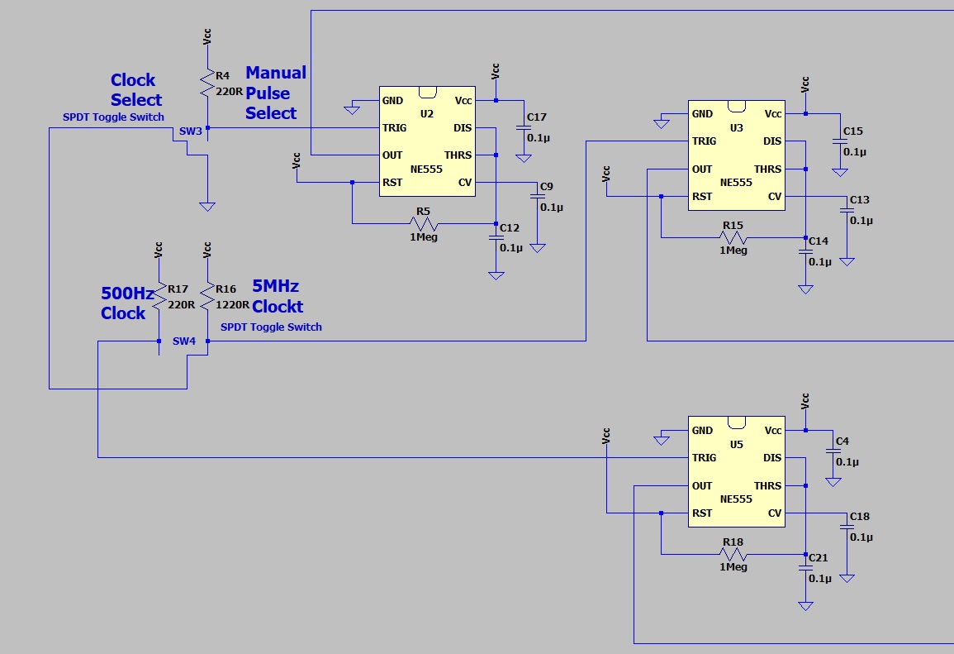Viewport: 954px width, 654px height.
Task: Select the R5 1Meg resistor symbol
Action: tap(424, 224)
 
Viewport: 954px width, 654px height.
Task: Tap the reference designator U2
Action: tap(426, 114)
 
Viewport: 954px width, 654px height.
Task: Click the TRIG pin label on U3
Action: tap(705, 141)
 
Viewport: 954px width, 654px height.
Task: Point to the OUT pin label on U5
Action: tap(702, 486)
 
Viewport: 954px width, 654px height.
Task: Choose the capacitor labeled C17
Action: tap(523, 127)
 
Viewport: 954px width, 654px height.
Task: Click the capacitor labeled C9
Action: tap(538, 197)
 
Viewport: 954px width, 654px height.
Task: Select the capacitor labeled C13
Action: tap(847, 211)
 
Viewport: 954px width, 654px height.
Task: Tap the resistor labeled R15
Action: tap(733, 238)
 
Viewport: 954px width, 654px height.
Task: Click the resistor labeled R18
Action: tap(733, 554)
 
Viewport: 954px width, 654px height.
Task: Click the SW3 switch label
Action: tap(191, 132)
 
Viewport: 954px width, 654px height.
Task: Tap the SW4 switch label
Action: tap(184, 341)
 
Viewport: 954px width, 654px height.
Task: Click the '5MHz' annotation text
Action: tap(276, 286)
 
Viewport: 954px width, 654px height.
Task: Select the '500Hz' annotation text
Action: tap(127, 294)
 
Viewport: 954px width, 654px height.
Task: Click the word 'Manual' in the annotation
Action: tap(276, 73)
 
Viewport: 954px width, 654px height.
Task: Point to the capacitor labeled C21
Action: tap(805, 569)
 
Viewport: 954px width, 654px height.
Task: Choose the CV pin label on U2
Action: tap(465, 183)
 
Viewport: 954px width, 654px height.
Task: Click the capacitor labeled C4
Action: tap(832, 451)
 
